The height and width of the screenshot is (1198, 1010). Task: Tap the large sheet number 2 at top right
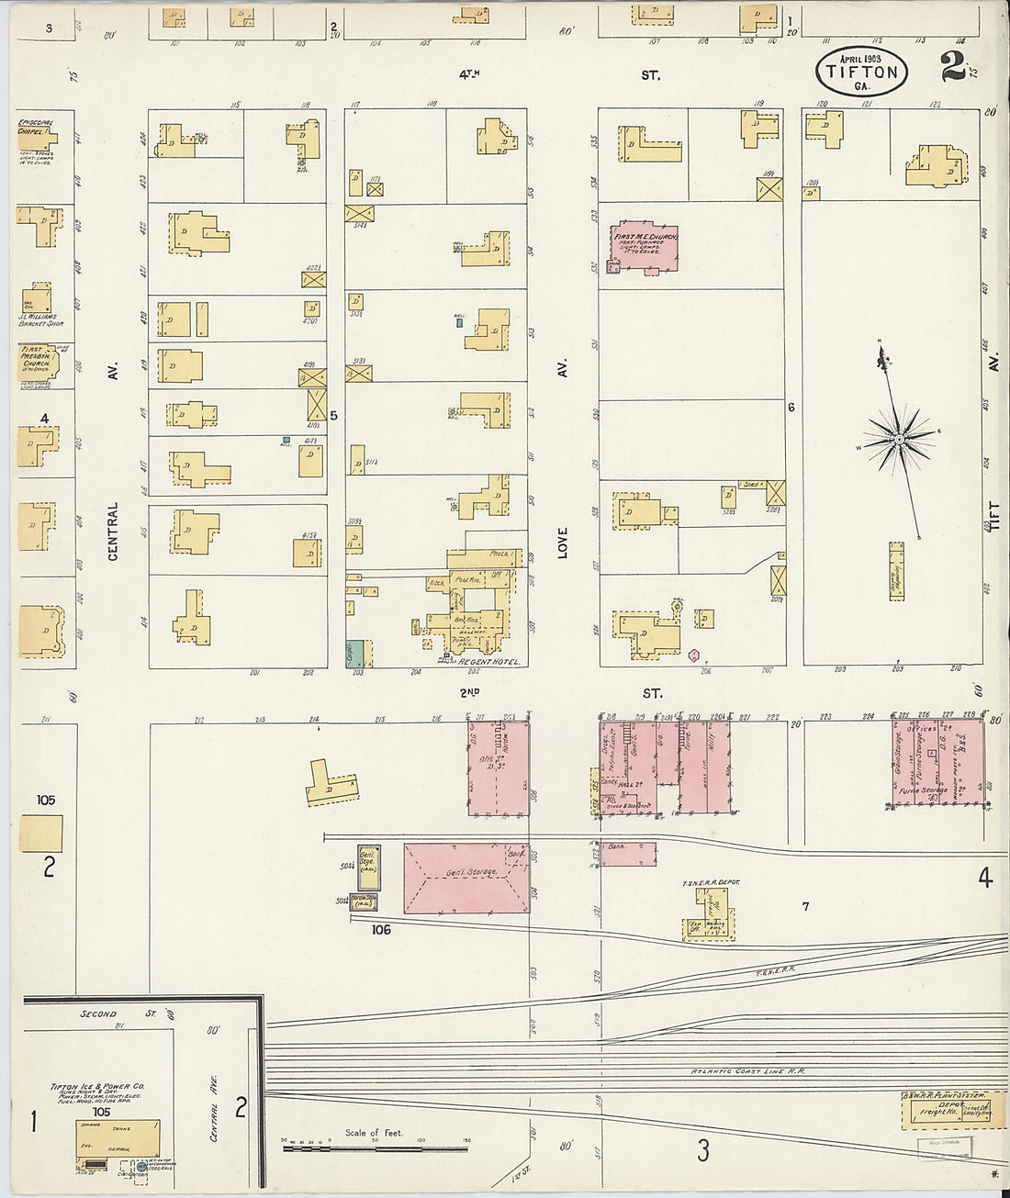952,66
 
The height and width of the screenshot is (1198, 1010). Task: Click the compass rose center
899,441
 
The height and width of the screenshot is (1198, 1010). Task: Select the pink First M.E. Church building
645,244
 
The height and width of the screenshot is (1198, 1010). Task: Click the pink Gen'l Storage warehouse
466,878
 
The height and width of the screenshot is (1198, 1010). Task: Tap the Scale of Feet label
374,1133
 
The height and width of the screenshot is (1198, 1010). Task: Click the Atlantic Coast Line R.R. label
747,1071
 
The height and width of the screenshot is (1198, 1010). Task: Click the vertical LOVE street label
562,543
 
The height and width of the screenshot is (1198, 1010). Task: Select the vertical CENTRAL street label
113,531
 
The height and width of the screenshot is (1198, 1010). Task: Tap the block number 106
381,930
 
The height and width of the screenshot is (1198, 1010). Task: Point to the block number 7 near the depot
805,907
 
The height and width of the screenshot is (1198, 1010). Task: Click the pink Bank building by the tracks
628,853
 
